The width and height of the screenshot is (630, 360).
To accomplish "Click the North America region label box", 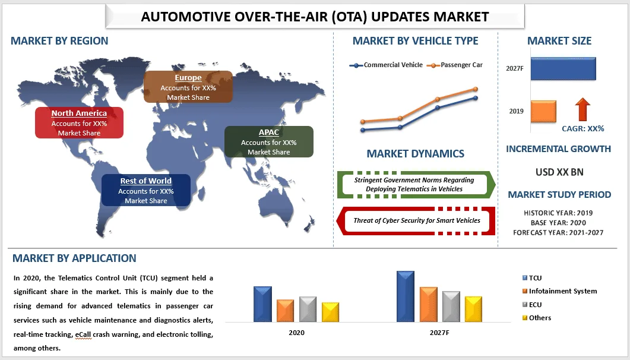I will pyautogui.click(x=79, y=122).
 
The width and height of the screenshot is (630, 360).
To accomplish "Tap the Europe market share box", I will pyautogui.click(x=188, y=87).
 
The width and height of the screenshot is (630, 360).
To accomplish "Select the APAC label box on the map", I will pyautogui.click(x=268, y=141).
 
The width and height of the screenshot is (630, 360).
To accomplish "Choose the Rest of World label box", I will pyautogui.click(x=145, y=190).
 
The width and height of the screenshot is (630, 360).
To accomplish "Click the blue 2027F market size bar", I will pyautogui.click(x=563, y=68).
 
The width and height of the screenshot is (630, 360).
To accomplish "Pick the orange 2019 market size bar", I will pyautogui.click(x=543, y=111).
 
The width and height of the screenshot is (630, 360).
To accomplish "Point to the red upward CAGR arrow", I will pyautogui.click(x=582, y=110).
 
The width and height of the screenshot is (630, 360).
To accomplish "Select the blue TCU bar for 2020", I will pyautogui.click(x=262, y=304).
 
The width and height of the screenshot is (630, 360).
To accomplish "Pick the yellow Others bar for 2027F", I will pyautogui.click(x=473, y=309).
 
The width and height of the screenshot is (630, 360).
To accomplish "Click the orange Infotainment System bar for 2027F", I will pyautogui.click(x=428, y=304).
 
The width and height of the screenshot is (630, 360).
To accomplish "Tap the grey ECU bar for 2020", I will pyautogui.click(x=308, y=309).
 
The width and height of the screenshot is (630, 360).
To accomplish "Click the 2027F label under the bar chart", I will pyautogui.click(x=439, y=333).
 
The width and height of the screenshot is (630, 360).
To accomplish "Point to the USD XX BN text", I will pyautogui.click(x=559, y=172).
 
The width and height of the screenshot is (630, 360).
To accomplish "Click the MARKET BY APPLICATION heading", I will pyautogui.click(x=74, y=258).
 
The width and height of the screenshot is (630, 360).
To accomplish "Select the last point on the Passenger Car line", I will pyautogui.click(x=476, y=89).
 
